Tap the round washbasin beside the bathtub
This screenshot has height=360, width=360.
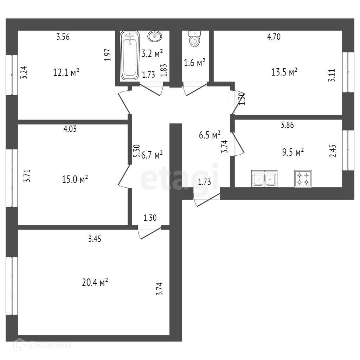155,36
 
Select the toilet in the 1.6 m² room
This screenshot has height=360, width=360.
194,38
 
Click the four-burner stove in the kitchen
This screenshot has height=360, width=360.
303,179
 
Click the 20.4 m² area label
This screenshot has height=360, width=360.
94,282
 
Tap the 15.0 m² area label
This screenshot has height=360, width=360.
75,179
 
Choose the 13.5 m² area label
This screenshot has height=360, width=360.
284,72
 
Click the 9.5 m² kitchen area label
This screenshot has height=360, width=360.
293,152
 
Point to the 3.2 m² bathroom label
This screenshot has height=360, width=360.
152,54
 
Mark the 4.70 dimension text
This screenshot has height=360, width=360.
274,37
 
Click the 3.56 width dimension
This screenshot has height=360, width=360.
63,37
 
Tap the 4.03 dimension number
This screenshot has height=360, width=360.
70,129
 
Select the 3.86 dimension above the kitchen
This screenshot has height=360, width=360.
287,124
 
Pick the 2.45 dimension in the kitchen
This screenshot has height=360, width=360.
332,150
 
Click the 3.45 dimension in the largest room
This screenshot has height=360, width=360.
95,239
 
